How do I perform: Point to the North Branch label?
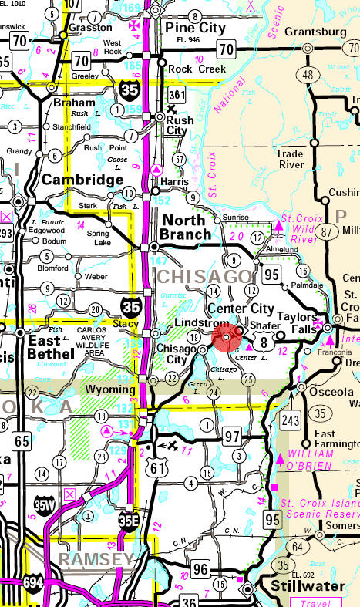[186, 227]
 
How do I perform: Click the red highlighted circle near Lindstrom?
[226, 337]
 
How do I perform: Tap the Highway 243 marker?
[291, 420]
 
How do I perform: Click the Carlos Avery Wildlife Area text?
[97, 340]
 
